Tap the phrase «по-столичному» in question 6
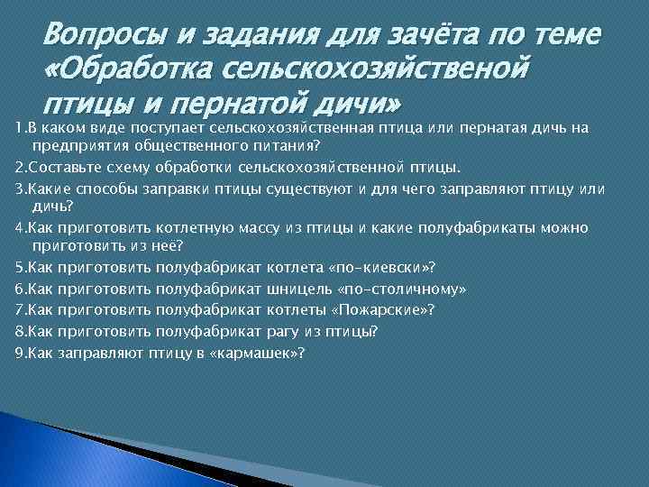pyautogui.click(x=400, y=289)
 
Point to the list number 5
pyautogui.click(x=19, y=267)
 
